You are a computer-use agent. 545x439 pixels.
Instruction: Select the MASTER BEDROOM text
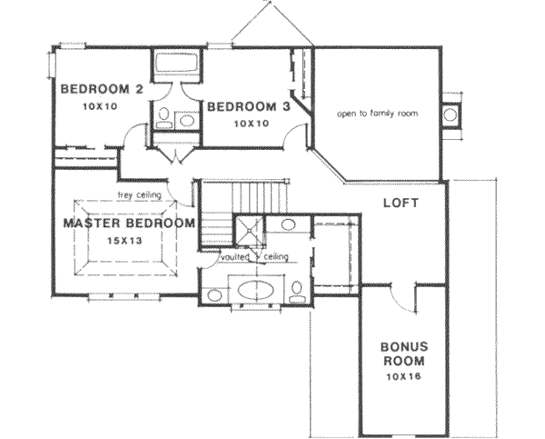pos(128,223)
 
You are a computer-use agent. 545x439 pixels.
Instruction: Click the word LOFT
pos(400,203)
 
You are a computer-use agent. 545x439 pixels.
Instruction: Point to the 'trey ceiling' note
pos(139,195)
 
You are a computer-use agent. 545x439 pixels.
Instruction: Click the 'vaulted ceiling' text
pos(254,258)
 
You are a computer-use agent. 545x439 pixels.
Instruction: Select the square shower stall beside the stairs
pos(246,231)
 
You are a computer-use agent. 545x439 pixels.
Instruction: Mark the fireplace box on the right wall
pos(451,115)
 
